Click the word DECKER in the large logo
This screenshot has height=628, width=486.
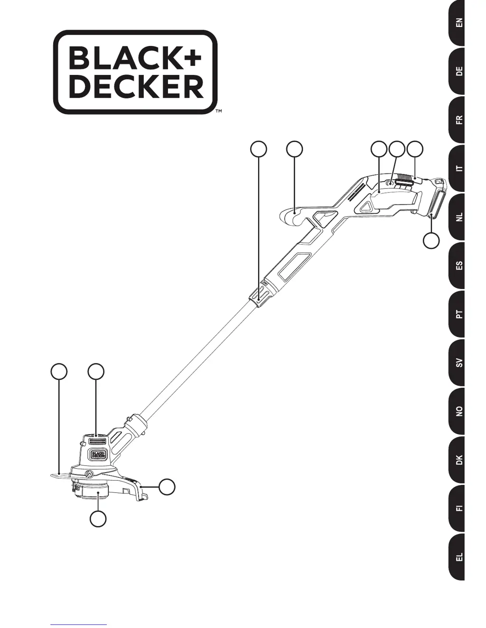(136, 87)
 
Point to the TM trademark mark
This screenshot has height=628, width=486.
(219, 112)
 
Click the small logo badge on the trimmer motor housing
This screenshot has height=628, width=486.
(98, 454)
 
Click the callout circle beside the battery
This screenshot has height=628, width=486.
(431, 240)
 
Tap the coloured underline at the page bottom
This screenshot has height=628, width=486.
(78, 624)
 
